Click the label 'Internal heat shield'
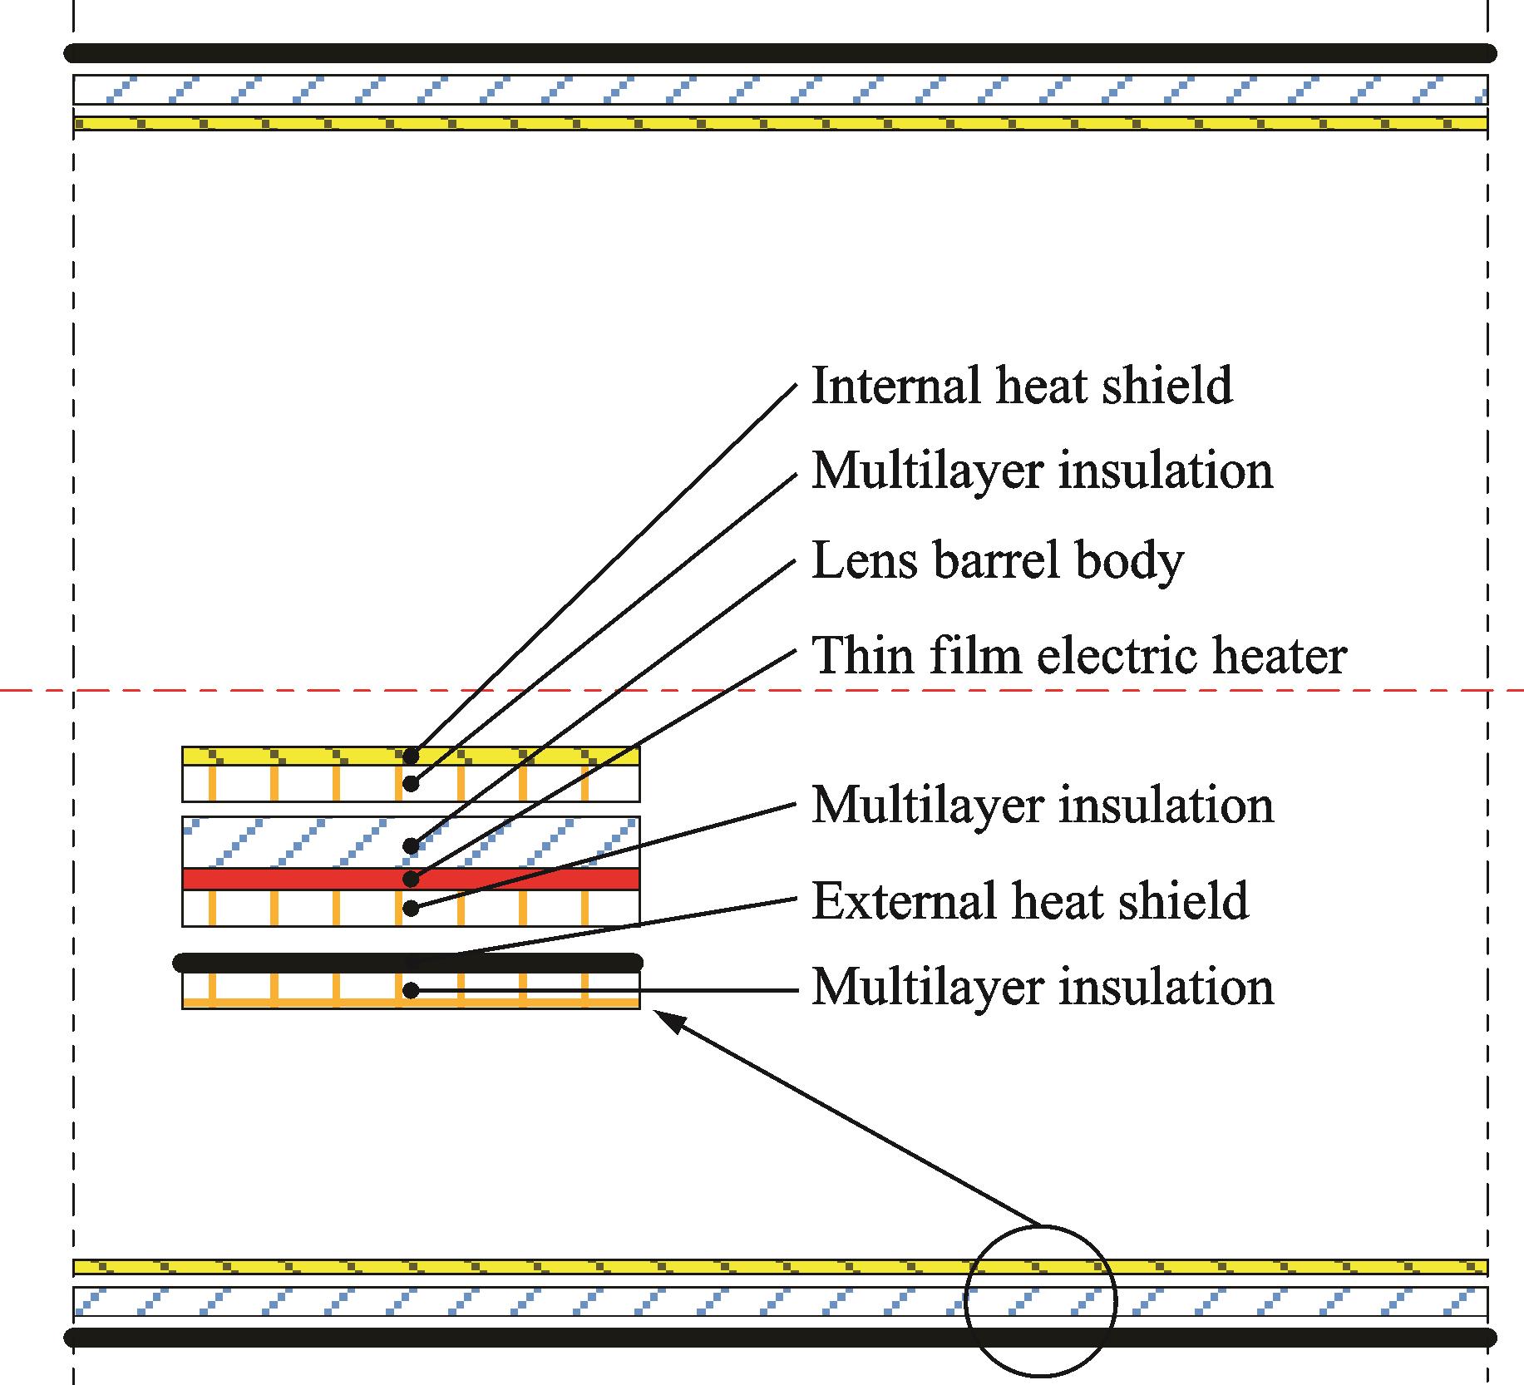pyautogui.click(x=1021, y=387)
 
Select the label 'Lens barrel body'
pyautogui.click(x=997, y=561)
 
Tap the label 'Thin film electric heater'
pyautogui.click(x=1078, y=656)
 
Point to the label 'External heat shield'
pyautogui.click(x=1029, y=901)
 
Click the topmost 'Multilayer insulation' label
pyautogui.click(x=1042, y=471)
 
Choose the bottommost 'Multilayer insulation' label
pyautogui.click(x=1042, y=988)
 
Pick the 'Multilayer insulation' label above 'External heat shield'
pyautogui.click(x=1042, y=806)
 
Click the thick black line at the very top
pyautogui.click(x=780, y=53)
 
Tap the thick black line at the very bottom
pyautogui.click(x=780, y=1338)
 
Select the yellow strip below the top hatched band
pyautogui.click(x=780, y=124)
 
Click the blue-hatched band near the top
pyautogui.click(x=780, y=89)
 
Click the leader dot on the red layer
pyautogui.click(x=410, y=879)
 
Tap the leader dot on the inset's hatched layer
pyautogui.click(x=410, y=846)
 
